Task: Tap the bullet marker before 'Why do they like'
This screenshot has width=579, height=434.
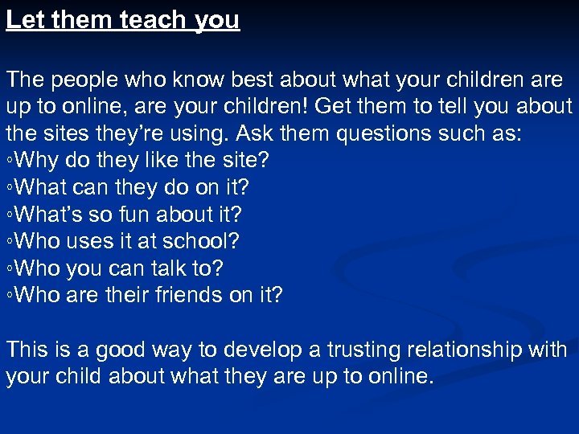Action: [10, 161]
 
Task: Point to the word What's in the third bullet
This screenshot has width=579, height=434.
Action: [47, 215]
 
